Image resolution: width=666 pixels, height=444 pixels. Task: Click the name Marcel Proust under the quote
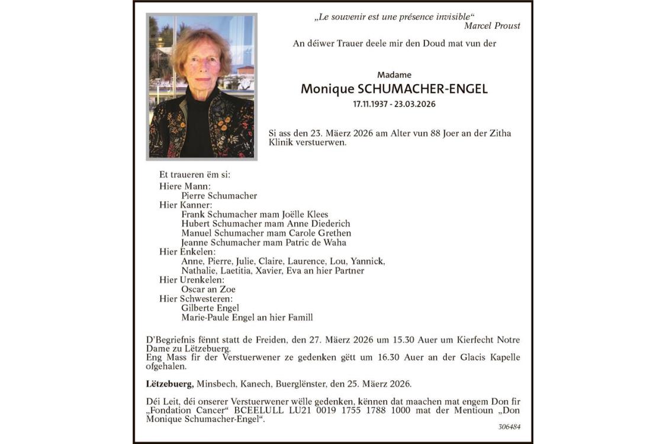click(x=492, y=26)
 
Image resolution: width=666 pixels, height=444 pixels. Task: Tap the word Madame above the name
click(x=394, y=75)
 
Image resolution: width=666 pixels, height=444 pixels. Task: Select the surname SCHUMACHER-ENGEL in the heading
click(x=423, y=89)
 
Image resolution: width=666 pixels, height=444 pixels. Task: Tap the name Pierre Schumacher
click(x=219, y=195)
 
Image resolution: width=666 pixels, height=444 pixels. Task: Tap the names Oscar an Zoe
click(x=208, y=289)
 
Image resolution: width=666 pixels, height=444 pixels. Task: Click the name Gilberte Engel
click(x=210, y=308)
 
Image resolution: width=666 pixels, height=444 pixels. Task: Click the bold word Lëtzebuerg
click(x=169, y=384)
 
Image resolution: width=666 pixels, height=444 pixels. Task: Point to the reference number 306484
click(x=509, y=426)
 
